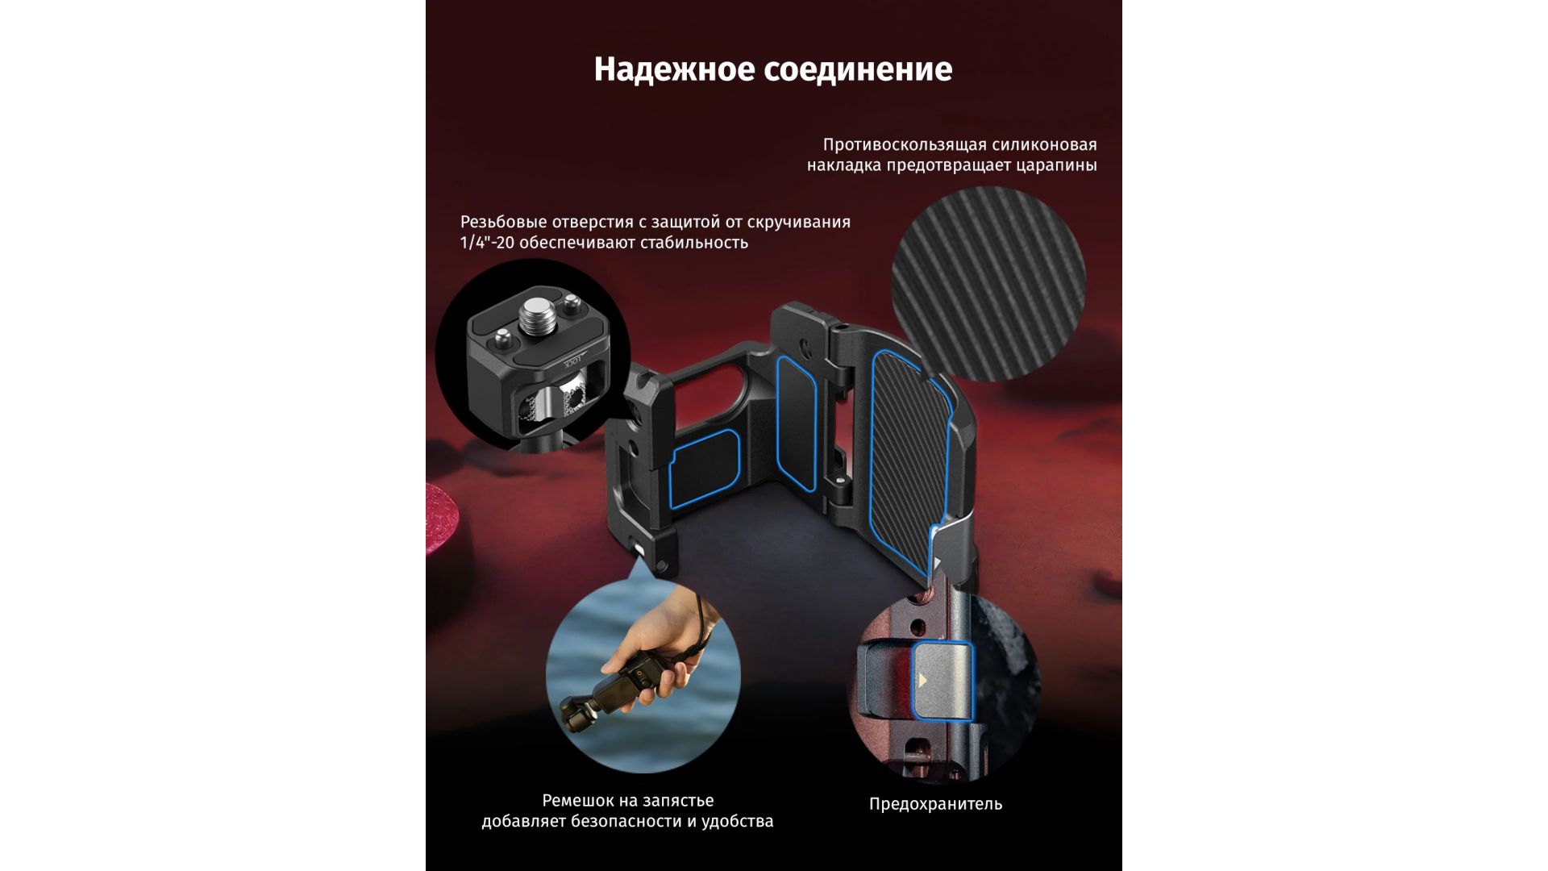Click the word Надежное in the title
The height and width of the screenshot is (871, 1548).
point(674,70)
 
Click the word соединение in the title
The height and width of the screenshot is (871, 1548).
point(858,70)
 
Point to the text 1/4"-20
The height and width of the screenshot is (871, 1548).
point(487,243)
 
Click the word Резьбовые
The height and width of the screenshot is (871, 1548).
point(501,223)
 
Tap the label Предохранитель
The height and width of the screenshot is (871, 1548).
point(935,804)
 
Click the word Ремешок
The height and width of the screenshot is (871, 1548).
point(579,801)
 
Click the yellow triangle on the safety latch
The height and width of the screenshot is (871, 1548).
point(922,680)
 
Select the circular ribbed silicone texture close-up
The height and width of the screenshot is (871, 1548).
point(988,284)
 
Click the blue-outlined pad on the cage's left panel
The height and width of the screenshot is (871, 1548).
point(704,469)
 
